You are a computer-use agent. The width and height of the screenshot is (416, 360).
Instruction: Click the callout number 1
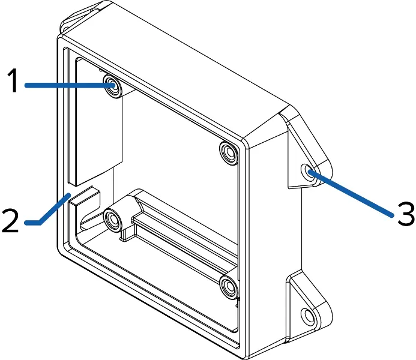click(x=13, y=80)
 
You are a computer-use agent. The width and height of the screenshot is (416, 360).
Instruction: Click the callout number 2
click(x=11, y=221)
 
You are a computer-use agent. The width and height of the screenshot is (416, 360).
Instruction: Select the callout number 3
click(x=406, y=214)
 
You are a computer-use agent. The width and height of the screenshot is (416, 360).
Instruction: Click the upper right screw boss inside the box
click(x=229, y=153)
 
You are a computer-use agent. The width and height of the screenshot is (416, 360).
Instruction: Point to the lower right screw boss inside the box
click(x=229, y=287)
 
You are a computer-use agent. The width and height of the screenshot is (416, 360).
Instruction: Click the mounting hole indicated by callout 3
click(x=309, y=172)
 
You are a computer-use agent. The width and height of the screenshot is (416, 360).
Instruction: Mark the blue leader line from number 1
click(x=70, y=85)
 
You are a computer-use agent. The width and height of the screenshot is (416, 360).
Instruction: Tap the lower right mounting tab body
click(x=309, y=305)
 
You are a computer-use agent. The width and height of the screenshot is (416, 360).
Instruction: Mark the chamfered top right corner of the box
click(x=265, y=125)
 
